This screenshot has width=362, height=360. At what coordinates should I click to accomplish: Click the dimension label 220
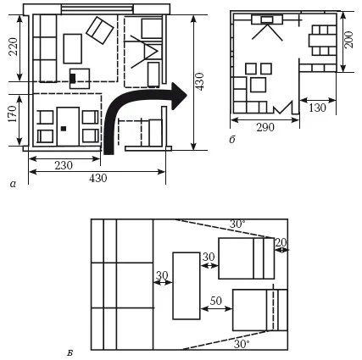pyautogui.click(x=14, y=47)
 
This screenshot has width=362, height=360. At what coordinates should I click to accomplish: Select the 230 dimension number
pyautogui.click(x=64, y=165)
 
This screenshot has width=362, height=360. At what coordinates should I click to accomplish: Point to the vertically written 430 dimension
pyautogui.click(x=200, y=81)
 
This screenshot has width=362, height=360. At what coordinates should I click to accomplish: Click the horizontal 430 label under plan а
pyautogui.click(x=98, y=178)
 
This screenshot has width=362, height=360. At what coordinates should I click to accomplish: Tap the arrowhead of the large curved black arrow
pyautogui.click(x=179, y=97)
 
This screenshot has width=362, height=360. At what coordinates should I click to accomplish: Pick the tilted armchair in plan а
pyautogui.click(x=100, y=30)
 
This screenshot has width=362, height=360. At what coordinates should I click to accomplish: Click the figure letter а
pyautogui.click(x=13, y=185)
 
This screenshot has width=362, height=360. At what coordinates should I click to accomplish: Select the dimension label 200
pyautogui.click(x=349, y=40)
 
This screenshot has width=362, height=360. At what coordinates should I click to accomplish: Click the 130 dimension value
pyautogui.click(x=318, y=108)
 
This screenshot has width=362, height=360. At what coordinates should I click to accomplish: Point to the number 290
pyautogui.click(x=265, y=127)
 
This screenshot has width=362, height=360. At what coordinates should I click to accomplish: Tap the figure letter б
pyautogui.click(x=232, y=140)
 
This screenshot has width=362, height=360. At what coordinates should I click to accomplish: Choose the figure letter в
pyautogui.click(x=70, y=353)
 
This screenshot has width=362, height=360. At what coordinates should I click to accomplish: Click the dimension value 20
pyautogui.click(x=281, y=242)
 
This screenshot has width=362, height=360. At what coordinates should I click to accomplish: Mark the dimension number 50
pyautogui.click(x=216, y=301)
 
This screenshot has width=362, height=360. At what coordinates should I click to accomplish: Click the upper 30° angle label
pyautogui.click(x=237, y=224)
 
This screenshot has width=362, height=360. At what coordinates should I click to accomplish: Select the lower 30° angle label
pyautogui.click(x=242, y=344)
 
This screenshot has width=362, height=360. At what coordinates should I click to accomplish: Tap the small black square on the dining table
pyautogui.click(x=64, y=129)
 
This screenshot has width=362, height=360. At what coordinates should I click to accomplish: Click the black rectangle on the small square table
pyautogui.click(x=73, y=78)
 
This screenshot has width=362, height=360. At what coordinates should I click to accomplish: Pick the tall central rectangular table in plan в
pyautogui.click(x=187, y=285)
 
